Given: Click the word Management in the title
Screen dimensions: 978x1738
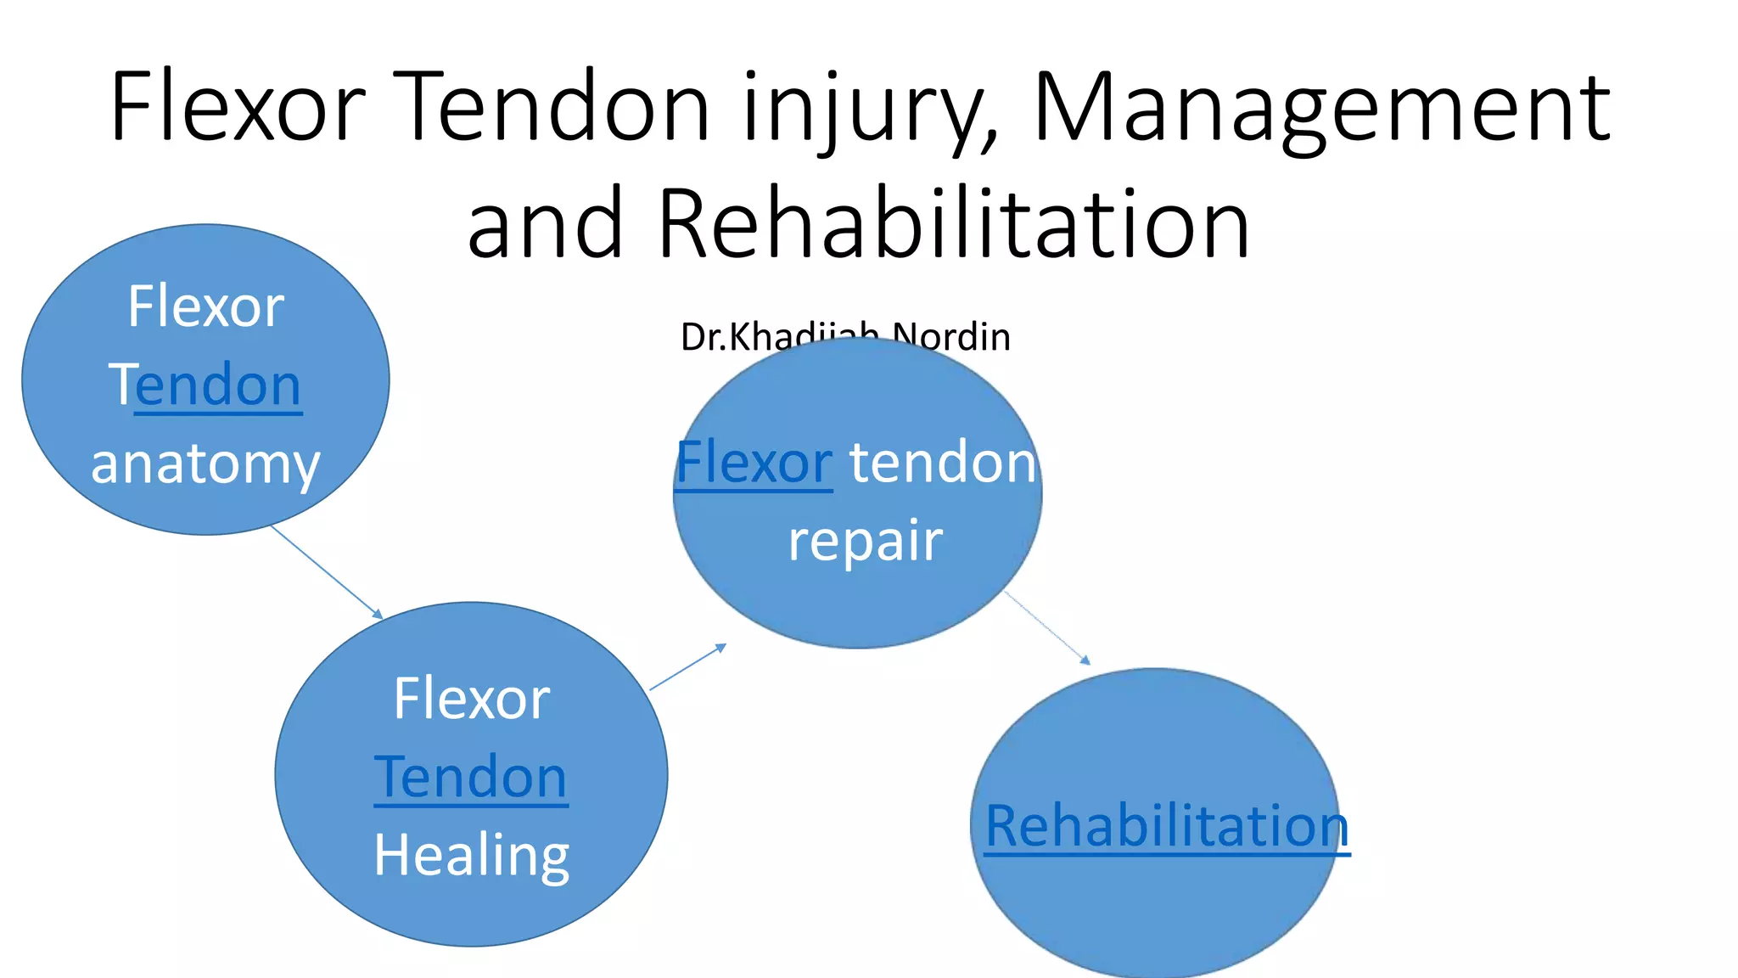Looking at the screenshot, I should coord(1320,109).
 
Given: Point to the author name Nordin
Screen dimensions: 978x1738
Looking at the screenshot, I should coord(952,336).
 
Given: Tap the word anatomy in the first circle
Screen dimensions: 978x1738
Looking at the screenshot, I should coord(205,464).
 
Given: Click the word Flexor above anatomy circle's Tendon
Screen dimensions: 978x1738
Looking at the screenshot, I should coord(205,306).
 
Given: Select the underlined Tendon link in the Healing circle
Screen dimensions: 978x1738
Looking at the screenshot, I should coord(471,777).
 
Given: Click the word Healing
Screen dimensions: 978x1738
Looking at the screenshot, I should coord(471,855).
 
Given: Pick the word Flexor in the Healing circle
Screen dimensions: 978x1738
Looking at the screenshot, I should coord(471,700).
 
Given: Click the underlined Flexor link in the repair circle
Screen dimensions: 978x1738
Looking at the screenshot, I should coord(754,464).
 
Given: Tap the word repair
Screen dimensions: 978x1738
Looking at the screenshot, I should coord(865,541).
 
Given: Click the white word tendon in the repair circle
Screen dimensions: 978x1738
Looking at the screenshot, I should coord(943,464).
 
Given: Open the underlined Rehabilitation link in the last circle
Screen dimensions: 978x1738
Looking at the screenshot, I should coord(1167,826).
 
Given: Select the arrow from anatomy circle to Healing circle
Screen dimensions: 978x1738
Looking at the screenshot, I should coord(327,572).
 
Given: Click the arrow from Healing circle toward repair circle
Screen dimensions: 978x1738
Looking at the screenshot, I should coord(687,667).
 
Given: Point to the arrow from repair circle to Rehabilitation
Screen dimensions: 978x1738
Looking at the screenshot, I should coord(1047,628).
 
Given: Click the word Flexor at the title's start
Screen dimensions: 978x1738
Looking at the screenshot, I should coord(238,109).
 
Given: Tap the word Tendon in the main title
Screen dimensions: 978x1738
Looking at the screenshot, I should coord(552,109).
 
